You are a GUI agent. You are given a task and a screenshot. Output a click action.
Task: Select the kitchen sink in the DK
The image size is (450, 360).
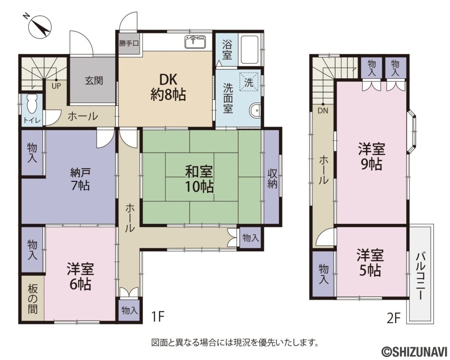[195, 43]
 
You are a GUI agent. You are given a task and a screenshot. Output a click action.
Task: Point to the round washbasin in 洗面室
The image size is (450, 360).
[255, 110]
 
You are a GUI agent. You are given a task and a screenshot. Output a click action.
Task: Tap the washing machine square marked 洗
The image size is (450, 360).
[249, 82]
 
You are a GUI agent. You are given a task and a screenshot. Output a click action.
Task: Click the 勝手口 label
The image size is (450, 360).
[129, 44]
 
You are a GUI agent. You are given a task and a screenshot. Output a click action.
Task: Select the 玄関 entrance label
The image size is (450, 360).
[94, 81]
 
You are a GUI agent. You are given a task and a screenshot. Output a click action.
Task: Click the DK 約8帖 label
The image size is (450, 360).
[168, 87]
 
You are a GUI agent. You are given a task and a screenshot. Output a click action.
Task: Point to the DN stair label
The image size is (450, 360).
[323, 111]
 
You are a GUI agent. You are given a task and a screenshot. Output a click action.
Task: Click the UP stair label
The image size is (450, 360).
[56, 86]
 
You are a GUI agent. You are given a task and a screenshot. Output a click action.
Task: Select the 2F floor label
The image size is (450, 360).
[393, 318]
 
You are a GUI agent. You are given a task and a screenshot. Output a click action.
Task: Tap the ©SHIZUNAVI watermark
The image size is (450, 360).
[414, 351]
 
